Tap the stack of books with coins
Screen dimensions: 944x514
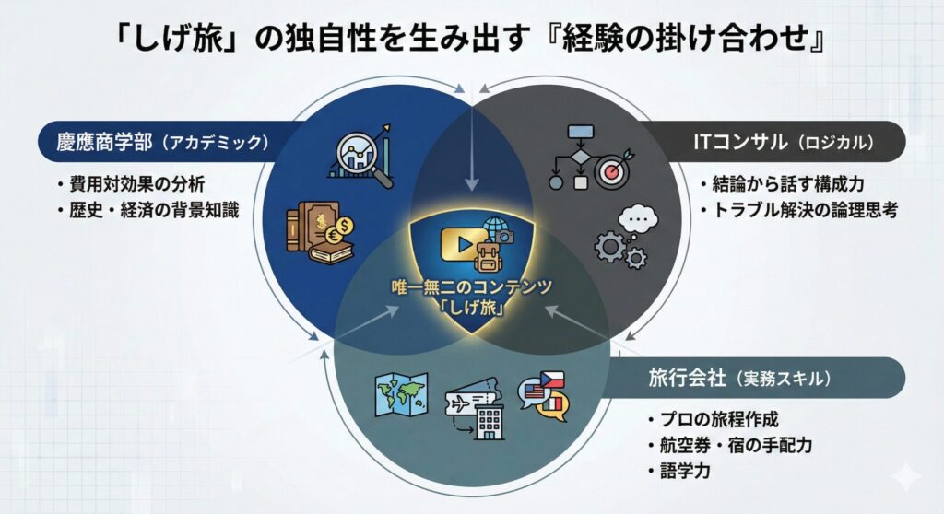pyautogui.click(x=320, y=232)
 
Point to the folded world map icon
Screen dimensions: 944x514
pyautogui.click(x=401, y=394)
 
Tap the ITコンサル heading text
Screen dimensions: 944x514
pyautogui.click(x=740, y=142)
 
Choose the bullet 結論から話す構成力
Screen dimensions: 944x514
pyautogui.click(x=788, y=183)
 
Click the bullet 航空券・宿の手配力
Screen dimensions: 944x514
pyautogui.click(x=736, y=446)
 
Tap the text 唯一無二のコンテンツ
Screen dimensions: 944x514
pyautogui.click(x=471, y=287)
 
